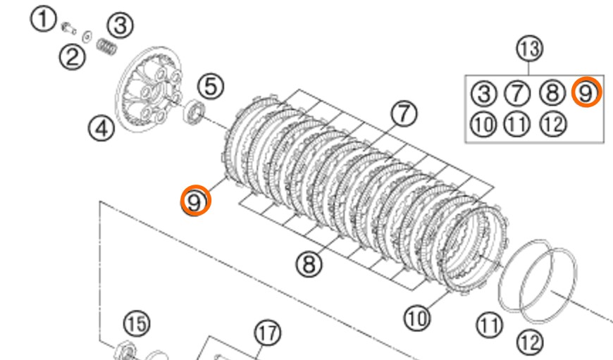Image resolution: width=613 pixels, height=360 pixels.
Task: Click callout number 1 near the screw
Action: click(x=44, y=19)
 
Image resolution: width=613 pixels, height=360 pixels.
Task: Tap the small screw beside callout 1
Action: click(x=68, y=28)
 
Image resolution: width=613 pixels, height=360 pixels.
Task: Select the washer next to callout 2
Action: click(x=87, y=37)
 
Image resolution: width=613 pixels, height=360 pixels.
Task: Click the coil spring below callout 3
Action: click(x=106, y=47)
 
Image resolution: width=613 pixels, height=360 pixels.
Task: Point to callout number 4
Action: click(x=101, y=128)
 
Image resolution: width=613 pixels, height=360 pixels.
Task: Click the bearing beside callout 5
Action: click(x=194, y=112)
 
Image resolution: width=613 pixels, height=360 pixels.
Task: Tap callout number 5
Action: click(x=211, y=86)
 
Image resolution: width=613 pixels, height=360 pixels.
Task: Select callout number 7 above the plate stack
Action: click(x=404, y=113)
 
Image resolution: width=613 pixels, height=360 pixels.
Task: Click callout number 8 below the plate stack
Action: click(x=309, y=264)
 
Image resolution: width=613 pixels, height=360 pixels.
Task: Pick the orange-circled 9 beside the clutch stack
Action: click(x=195, y=201)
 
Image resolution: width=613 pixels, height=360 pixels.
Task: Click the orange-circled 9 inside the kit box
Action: click(x=586, y=92)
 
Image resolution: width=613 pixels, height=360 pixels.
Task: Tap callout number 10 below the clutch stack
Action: click(x=417, y=318)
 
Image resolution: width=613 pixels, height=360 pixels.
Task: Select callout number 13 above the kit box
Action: click(x=530, y=49)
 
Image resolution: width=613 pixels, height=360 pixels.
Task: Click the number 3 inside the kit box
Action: click(x=484, y=94)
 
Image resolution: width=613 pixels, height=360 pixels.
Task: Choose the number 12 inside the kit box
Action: click(x=553, y=124)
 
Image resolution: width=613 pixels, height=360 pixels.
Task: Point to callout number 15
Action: click(x=137, y=324)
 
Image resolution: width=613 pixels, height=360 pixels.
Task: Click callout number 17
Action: click(x=268, y=333)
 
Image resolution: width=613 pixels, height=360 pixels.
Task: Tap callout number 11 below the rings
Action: click(x=490, y=325)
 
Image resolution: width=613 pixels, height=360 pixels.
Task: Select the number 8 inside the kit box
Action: click(x=552, y=93)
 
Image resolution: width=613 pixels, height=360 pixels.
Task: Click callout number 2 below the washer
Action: click(x=73, y=57)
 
